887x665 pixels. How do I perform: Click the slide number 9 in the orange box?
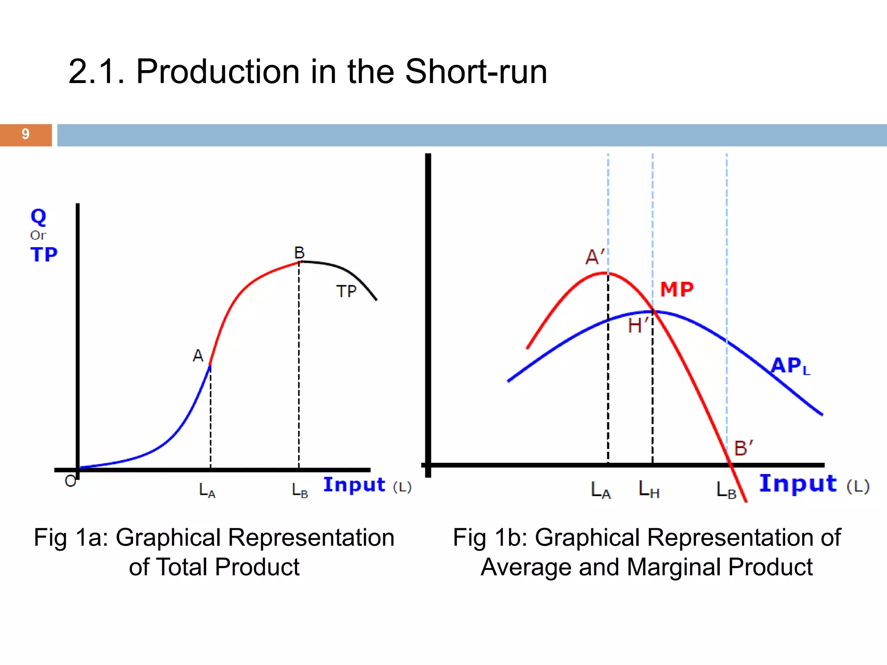tap(26, 134)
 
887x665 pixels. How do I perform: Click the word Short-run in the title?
tap(476, 72)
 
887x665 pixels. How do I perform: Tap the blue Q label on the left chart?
tap(38, 216)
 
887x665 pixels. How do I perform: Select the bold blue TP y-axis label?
tap(44, 255)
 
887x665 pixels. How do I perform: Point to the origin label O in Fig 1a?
tap(70, 481)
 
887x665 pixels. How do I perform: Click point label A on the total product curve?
tap(198, 356)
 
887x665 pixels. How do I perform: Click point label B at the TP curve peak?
tap(299, 252)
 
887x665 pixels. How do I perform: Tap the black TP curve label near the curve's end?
tap(346, 292)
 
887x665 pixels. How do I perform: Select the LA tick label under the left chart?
tap(207, 491)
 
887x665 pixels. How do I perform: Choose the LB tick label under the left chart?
tap(299, 491)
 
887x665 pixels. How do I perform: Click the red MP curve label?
tap(677, 290)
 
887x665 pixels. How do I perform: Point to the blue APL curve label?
tap(790, 366)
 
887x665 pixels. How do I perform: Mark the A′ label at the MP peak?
tap(595, 257)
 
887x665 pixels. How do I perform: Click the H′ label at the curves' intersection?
tap(638, 326)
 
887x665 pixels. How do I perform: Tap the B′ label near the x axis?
tap(743, 448)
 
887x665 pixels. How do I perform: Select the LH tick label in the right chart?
tap(649, 490)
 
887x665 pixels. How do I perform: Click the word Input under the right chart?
tap(798, 484)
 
